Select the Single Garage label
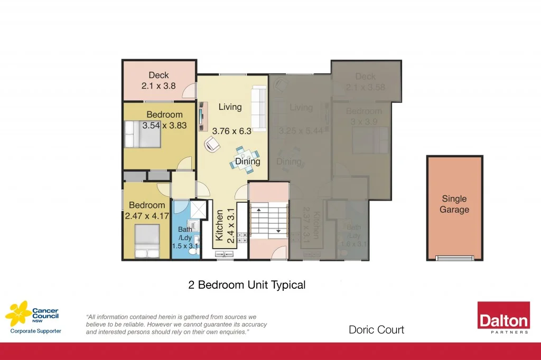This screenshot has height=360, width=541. pyautogui.click(x=454, y=204)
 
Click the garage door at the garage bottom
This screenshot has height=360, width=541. pyautogui.click(x=454, y=258)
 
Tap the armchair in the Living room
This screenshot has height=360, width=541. pyautogui.click(x=212, y=143)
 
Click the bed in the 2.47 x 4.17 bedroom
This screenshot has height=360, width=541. pyautogui.click(x=146, y=241)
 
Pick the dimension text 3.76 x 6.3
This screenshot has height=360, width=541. pyautogui.click(x=230, y=131)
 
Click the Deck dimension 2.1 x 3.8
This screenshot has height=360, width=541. pyautogui.click(x=158, y=85)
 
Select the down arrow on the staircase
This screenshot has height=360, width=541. pyautogui.click(x=277, y=231)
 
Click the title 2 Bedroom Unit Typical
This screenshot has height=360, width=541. pyautogui.click(x=247, y=285)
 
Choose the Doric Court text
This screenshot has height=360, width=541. pyautogui.click(x=376, y=330)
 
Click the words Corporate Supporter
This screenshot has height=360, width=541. pyautogui.click(x=36, y=331)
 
